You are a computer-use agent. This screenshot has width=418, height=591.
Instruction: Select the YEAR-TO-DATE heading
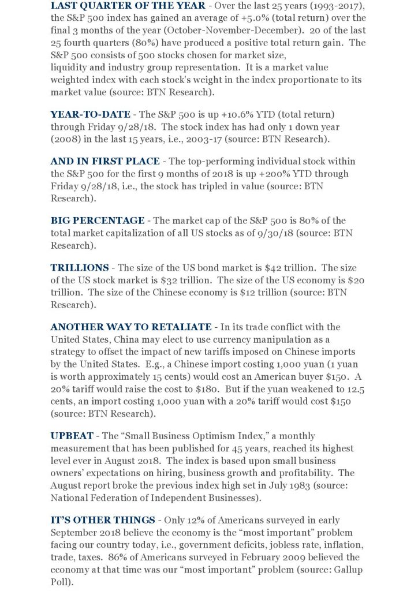tap(90, 114)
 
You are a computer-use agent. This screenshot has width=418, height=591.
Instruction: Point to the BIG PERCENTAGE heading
tap(98, 220)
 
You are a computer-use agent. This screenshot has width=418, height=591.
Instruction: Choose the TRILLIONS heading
tap(79, 268)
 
